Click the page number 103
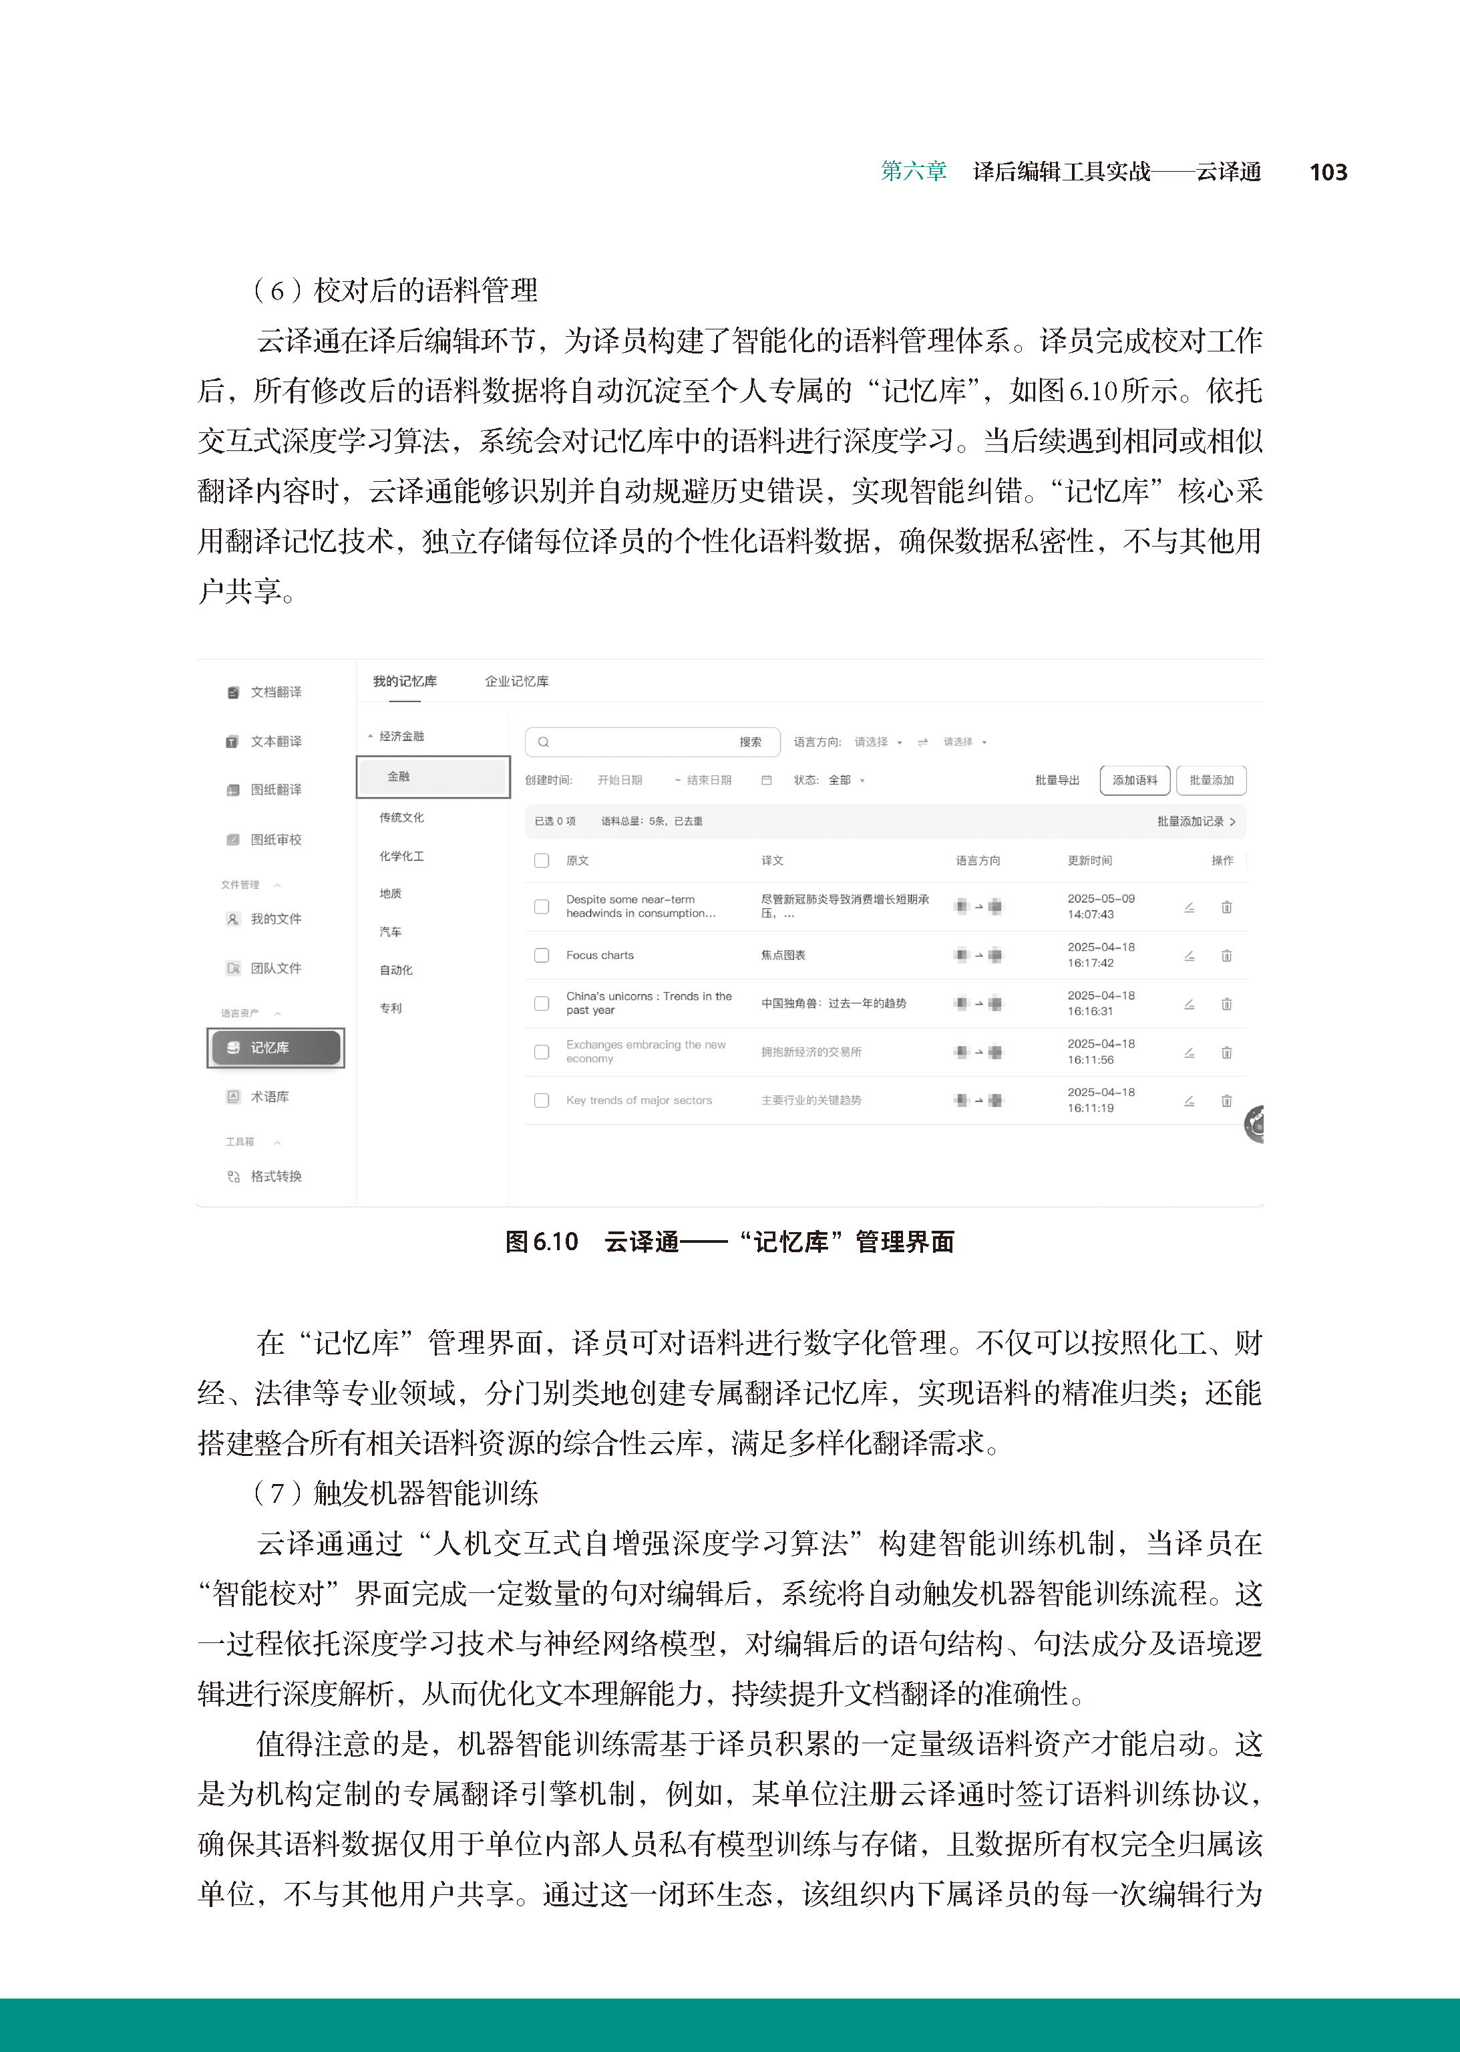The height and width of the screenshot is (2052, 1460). click(1328, 172)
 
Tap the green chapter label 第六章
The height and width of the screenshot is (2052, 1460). click(914, 172)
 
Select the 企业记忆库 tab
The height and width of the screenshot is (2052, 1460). click(517, 682)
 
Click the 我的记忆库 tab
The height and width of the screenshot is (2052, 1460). click(405, 682)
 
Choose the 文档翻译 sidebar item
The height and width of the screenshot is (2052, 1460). click(275, 692)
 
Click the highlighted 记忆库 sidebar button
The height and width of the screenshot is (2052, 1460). click(275, 1048)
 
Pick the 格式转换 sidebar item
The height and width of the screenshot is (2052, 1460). click(275, 1176)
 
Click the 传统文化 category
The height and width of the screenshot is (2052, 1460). click(401, 817)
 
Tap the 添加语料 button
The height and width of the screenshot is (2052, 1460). click(1135, 780)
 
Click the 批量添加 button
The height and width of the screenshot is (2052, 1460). click(1211, 780)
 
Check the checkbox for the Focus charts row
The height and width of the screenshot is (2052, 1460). click(541, 955)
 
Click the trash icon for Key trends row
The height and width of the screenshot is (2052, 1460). click(1226, 1101)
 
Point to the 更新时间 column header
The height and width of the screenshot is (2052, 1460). click(1089, 861)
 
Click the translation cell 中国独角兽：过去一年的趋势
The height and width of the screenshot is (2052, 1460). click(834, 1004)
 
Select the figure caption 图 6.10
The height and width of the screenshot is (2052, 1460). click(541, 1241)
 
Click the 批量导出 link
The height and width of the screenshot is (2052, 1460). click(1057, 780)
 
